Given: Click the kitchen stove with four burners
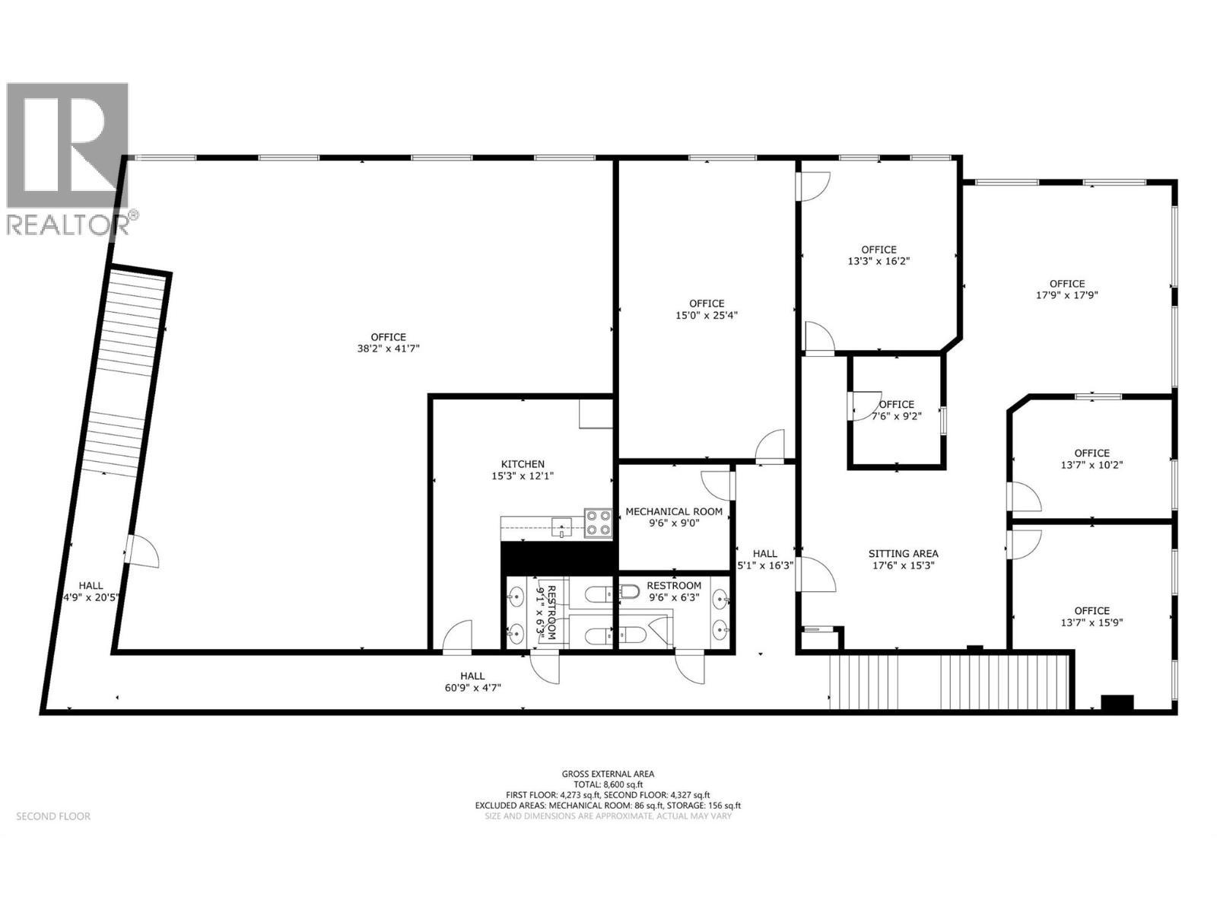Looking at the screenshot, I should (x=598, y=523).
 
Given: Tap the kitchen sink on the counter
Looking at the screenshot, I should (x=562, y=525).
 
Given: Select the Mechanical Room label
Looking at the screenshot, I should (x=674, y=511).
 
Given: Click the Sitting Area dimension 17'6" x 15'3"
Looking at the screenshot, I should (x=903, y=565).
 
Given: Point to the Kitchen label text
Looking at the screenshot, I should (x=523, y=464).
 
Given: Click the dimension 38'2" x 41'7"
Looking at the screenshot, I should (x=388, y=348).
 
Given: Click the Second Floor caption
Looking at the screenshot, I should (x=53, y=816).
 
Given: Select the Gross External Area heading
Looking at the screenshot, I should (x=608, y=774).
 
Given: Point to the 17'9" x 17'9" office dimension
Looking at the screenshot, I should (x=1067, y=295).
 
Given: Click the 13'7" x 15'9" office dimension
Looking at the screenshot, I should (x=1091, y=622).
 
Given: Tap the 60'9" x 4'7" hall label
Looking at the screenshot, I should (x=472, y=687).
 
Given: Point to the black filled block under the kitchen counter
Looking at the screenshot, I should (x=558, y=558).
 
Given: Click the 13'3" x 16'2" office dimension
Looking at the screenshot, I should (x=879, y=260).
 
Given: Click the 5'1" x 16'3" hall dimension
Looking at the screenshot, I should (x=765, y=565).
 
